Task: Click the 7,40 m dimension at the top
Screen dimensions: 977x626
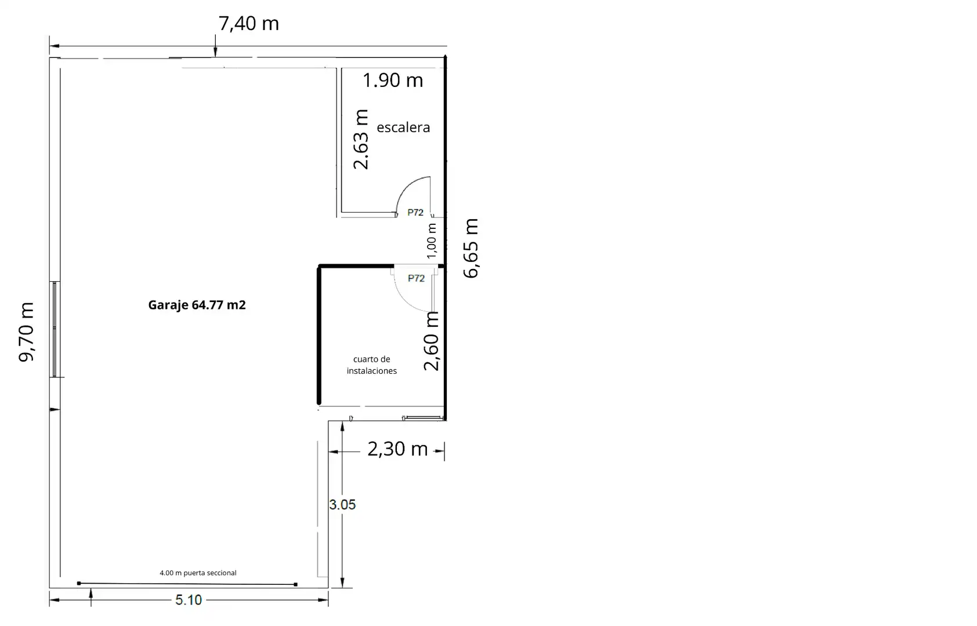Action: (x=249, y=24)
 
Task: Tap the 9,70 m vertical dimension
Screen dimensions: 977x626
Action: (x=26, y=332)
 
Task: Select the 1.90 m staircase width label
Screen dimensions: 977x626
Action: (x=393, y=80)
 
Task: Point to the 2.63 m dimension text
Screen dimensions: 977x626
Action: (x=361, y=140)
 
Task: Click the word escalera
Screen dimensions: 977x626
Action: (x=403, y=127)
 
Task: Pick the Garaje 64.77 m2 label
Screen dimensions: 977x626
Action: (x=197, y=305)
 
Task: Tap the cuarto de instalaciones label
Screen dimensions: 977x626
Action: (x=372, y=365)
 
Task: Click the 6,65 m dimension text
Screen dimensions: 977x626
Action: (x=471, y=248)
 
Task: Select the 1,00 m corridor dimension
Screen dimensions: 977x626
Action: (x=432, y=241)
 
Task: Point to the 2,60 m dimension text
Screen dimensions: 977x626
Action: (x=432, y=341)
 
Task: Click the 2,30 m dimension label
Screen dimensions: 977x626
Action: (x=397, y=449)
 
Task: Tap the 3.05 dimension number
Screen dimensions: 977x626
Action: (x=342, y=504)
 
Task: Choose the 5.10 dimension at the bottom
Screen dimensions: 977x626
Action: (x=189, y=600)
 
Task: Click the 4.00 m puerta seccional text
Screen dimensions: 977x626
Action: (x=198, y=573)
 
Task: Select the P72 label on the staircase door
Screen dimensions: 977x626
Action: (x=415, y=212)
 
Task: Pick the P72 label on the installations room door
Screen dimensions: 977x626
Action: (x=416, y=278)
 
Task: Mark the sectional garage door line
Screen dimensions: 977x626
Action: (x=187, y=584)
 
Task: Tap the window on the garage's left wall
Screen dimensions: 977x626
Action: (x=55, y=329)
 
